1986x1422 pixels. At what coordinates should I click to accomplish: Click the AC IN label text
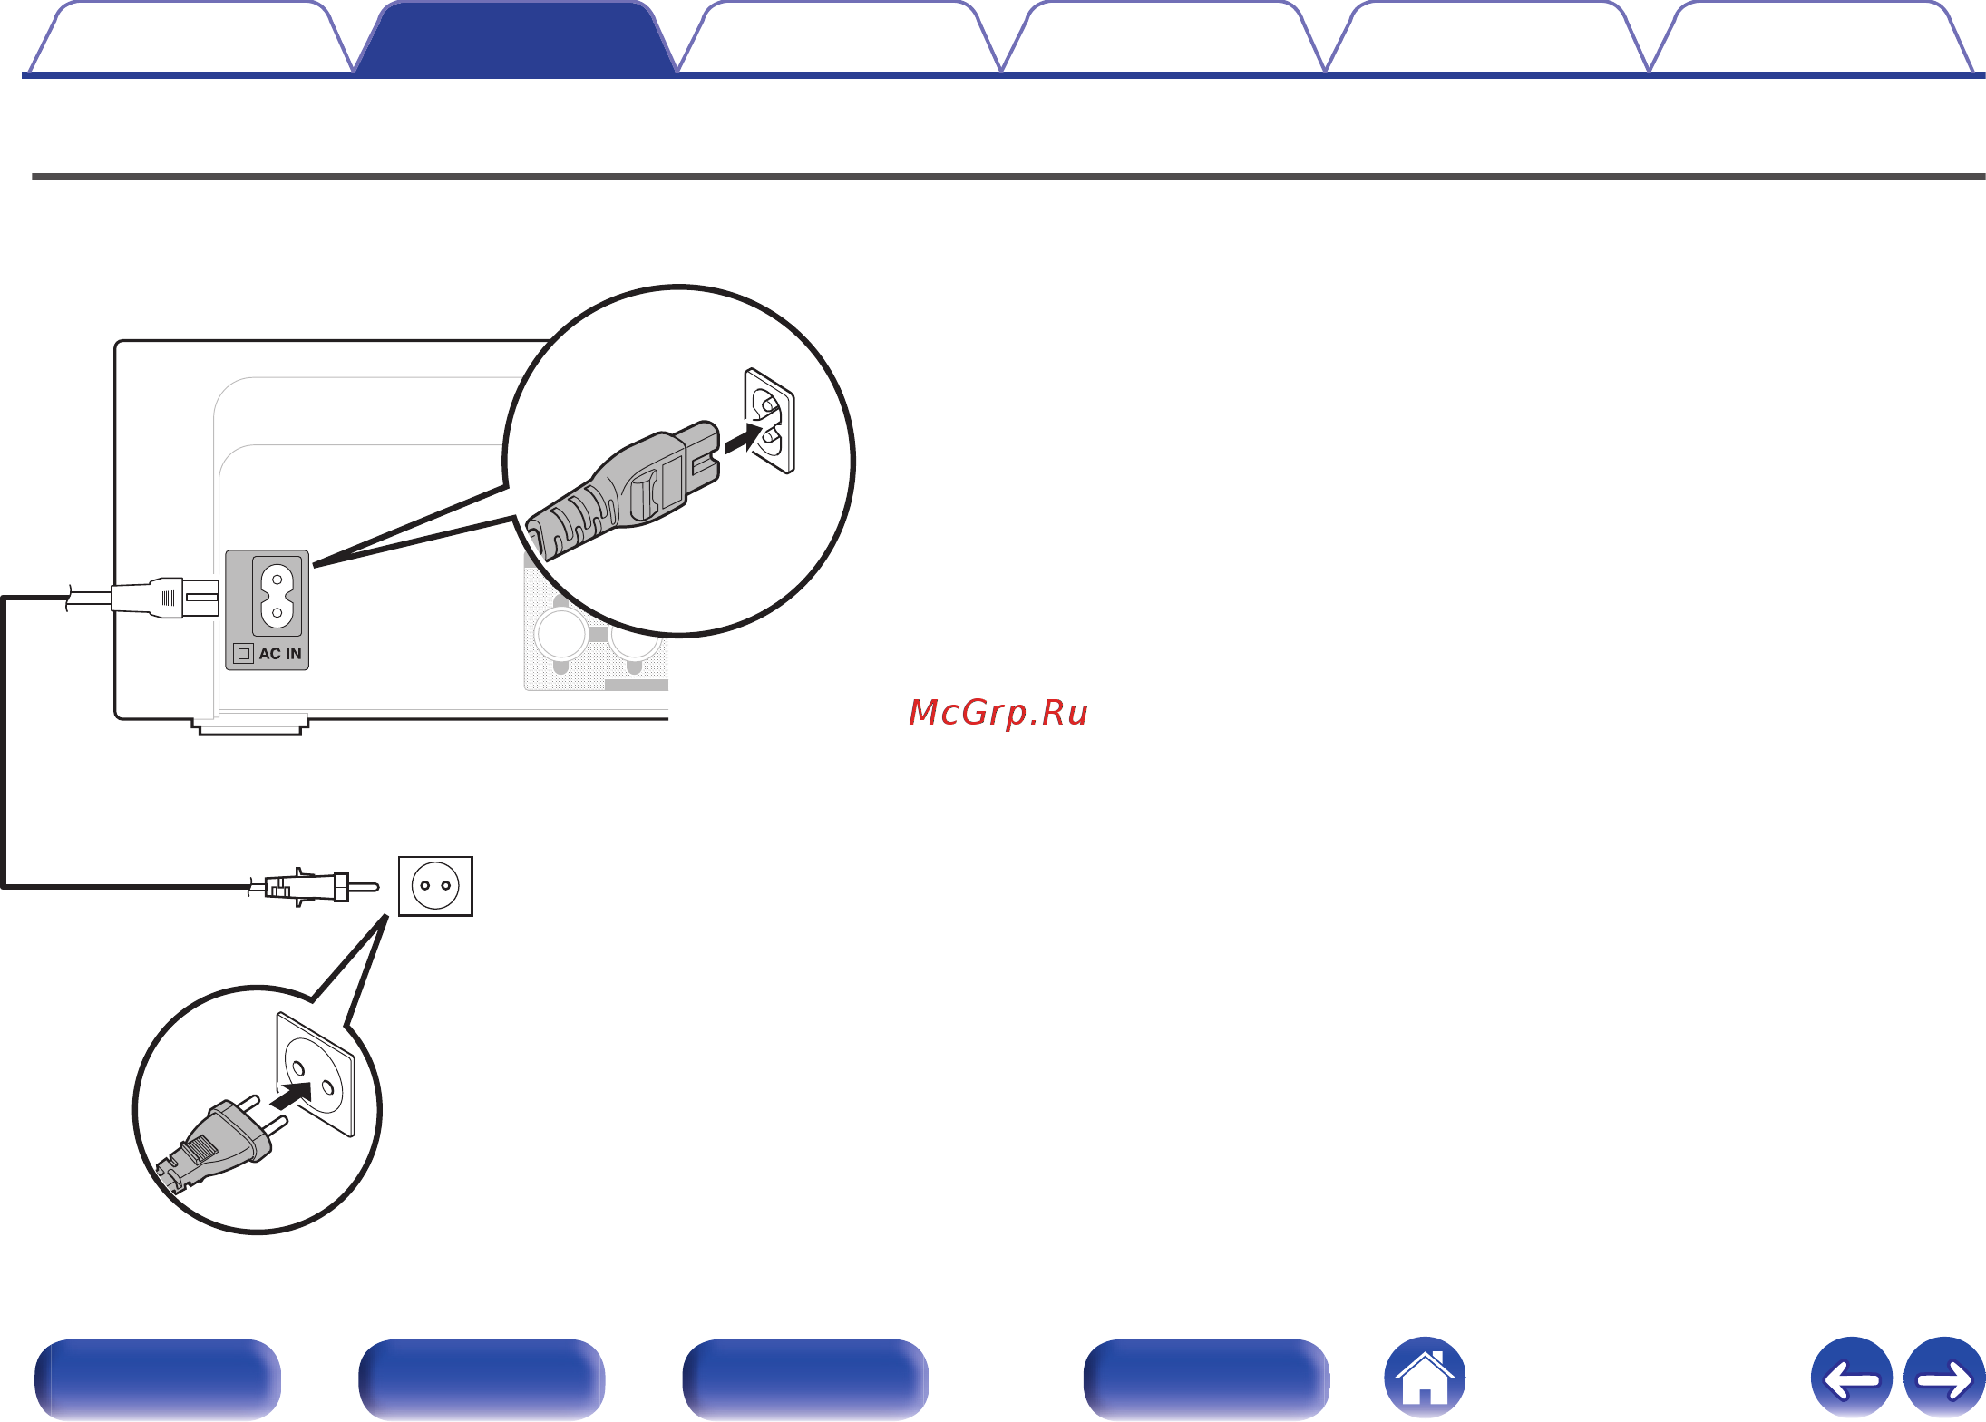[280, 654]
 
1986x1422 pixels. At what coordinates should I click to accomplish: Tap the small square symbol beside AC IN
[243, 654]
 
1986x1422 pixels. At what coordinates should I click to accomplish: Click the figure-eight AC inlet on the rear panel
[277, 596]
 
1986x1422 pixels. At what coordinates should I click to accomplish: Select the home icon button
[1425, 1378]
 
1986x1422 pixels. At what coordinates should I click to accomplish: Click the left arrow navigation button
[1852, 1378]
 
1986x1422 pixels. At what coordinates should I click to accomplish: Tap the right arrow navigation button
[1944, 1378]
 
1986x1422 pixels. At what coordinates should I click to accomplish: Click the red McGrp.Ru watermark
[998, 713]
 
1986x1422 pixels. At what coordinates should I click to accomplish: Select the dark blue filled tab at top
[515, 38]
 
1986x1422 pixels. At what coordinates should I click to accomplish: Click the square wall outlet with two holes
[435, 886]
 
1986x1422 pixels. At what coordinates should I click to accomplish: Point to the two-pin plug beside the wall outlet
[314, 886]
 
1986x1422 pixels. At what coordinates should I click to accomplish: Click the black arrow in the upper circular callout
[752, 438]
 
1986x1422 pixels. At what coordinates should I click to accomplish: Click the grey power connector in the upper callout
[624, 490]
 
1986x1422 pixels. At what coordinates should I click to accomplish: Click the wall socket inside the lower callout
[315, 1074]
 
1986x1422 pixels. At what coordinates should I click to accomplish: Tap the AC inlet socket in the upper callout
[769, 421]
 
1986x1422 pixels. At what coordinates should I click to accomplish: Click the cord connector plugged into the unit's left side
[165, 598]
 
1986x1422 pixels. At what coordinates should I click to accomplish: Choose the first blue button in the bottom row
[158, 1378]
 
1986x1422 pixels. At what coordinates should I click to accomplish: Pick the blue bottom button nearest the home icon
[1207, 1378]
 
